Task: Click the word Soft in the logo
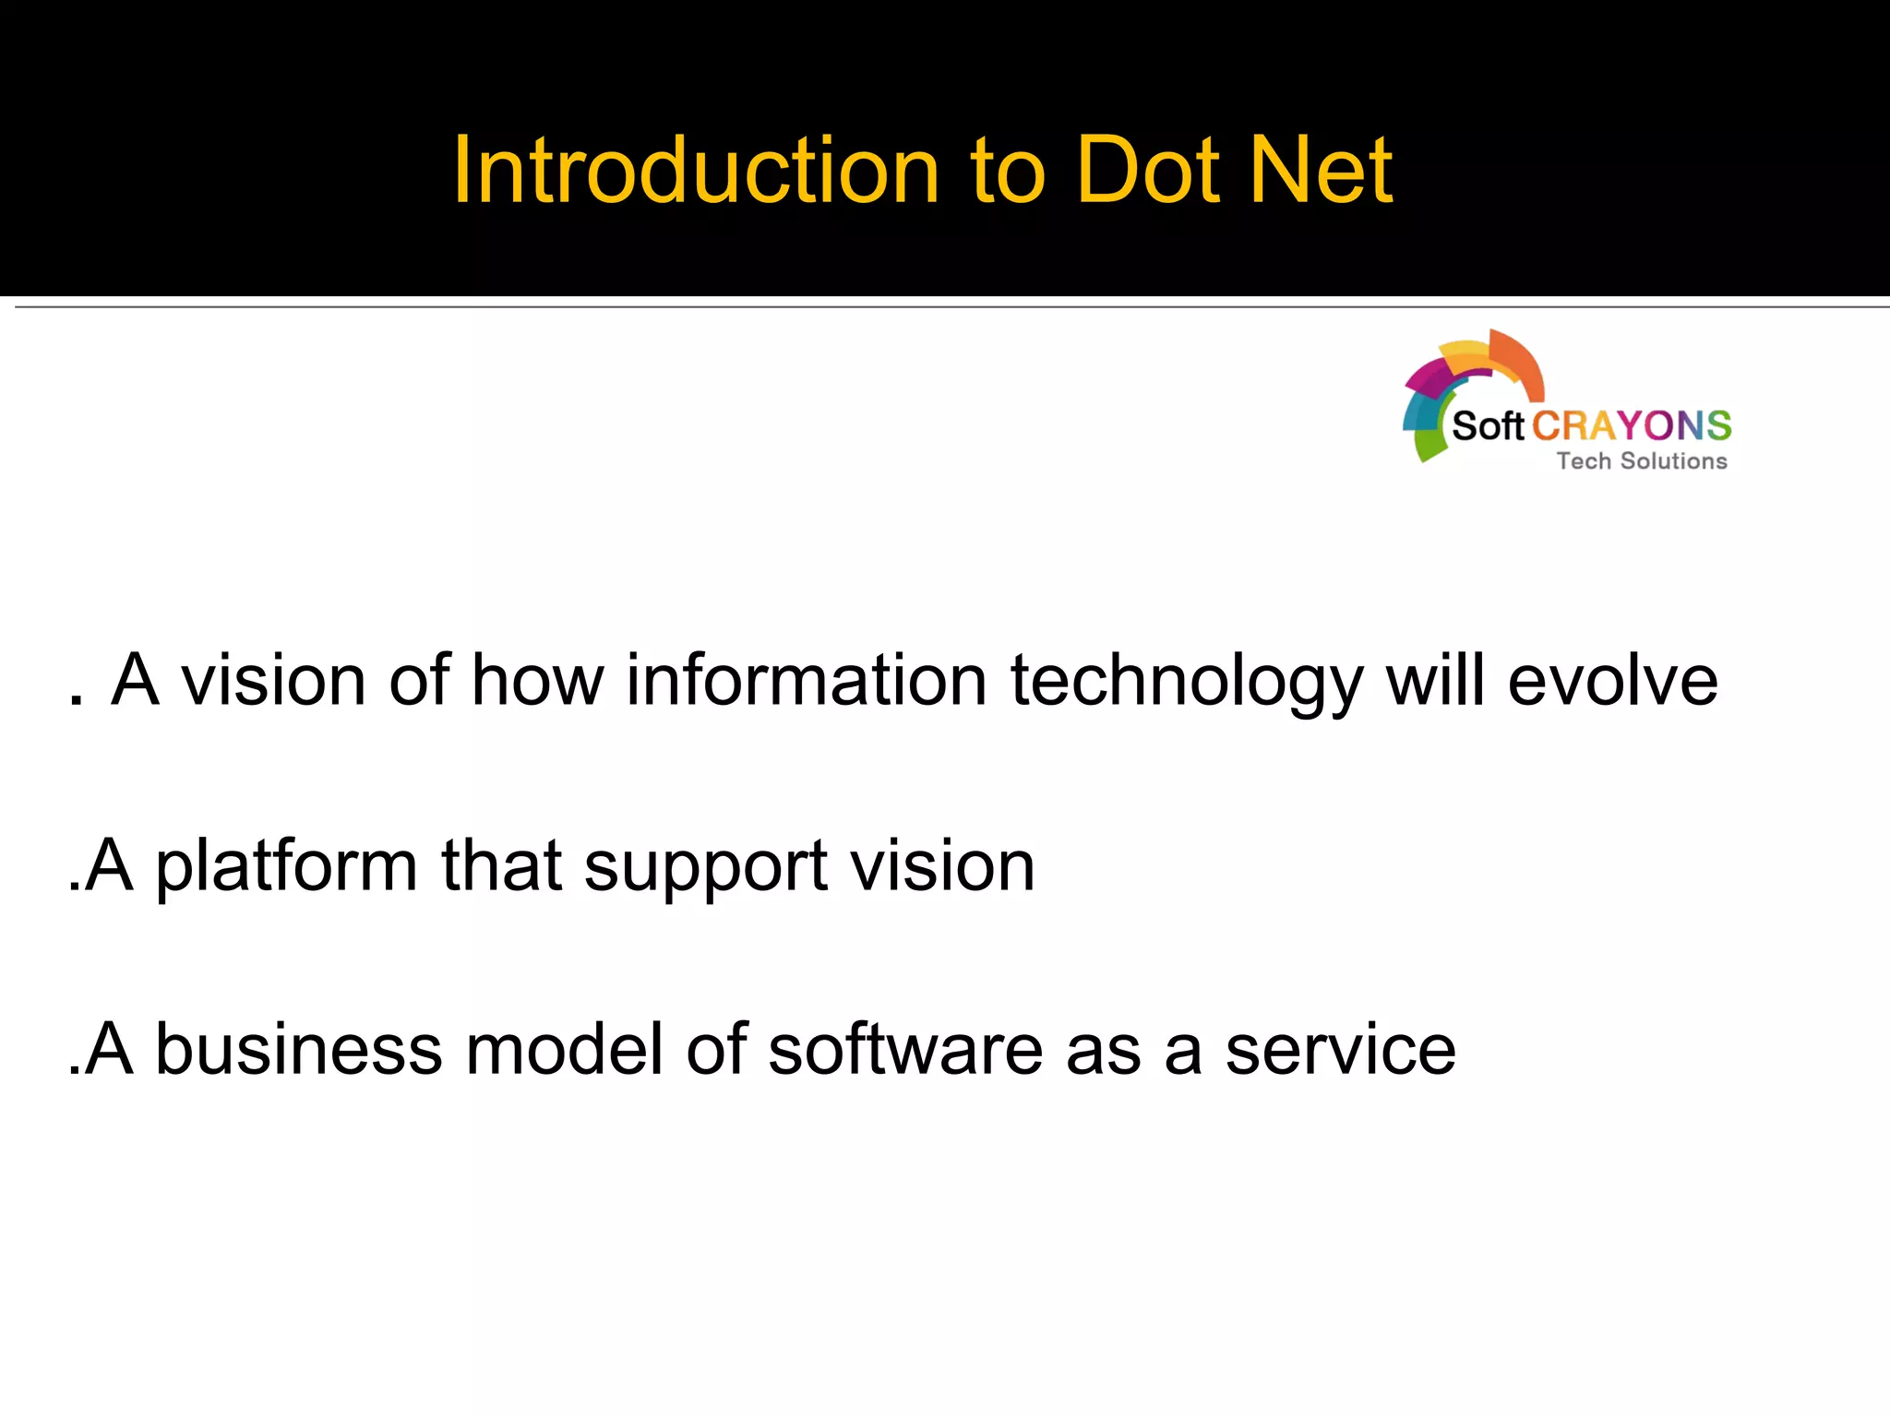click(1487, 426)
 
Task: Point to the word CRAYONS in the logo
click(1631, 426)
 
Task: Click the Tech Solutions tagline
click(1642, 461)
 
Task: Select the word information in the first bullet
click(807, 681)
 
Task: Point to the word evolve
click(1612, 681)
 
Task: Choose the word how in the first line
click(537, 681)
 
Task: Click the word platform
click(286, 867)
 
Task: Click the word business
click(299, 1050)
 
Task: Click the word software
click(905, 1050)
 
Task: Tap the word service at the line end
click(1340, 1050)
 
